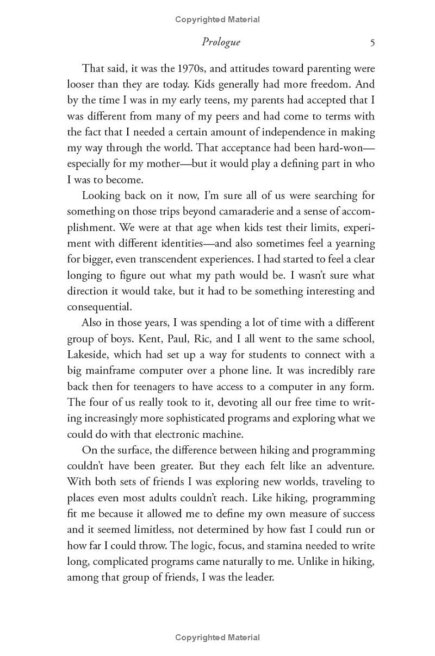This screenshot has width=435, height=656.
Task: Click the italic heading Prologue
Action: point(220,42)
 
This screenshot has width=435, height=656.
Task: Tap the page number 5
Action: point(372,42)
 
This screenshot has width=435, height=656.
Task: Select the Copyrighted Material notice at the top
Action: point(217,20)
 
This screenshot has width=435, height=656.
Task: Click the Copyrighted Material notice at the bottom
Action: point(217,638)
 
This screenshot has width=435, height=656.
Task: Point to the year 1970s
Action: point(176,69)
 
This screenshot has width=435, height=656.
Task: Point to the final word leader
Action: point(258,577)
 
